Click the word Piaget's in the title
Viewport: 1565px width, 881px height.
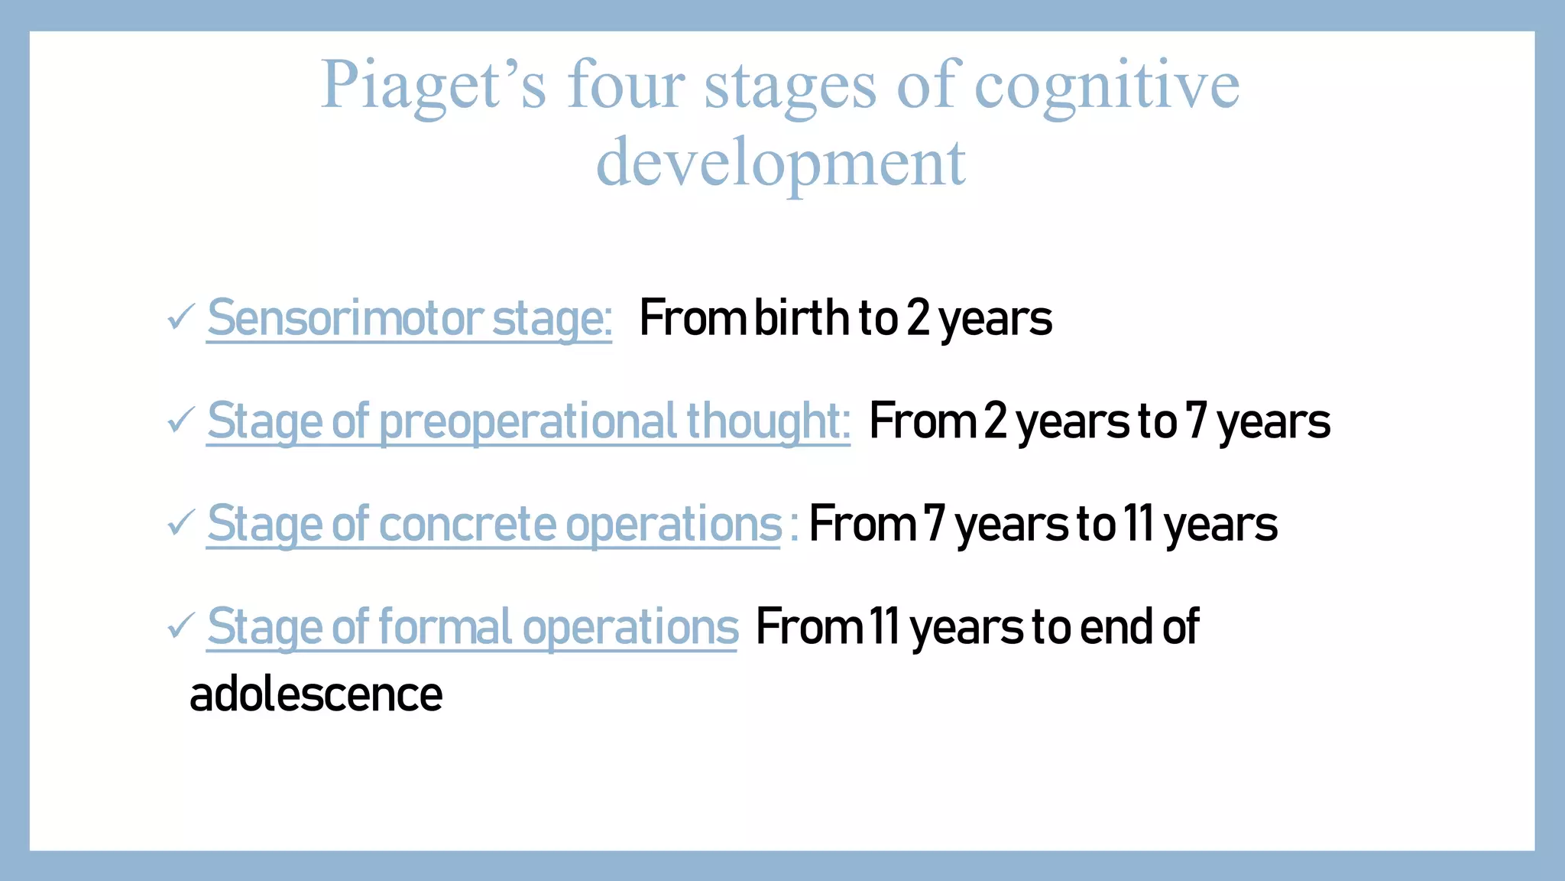(433, 86)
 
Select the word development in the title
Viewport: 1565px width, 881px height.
(781, 162)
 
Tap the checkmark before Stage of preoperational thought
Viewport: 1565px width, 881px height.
(180, 420)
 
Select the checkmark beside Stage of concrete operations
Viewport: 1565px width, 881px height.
(180, 523)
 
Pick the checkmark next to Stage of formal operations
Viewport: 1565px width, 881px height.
(180, 626)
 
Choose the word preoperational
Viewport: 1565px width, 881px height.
(528, 421)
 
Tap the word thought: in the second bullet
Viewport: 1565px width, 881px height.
(768, 421)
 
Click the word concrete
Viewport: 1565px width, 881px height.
(468, 525)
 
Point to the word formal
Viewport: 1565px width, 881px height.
(444, 628)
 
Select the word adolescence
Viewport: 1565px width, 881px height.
(316, 694)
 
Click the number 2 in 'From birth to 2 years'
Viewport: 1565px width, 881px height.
(918, 318)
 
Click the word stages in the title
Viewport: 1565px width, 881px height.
(790, 86)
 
